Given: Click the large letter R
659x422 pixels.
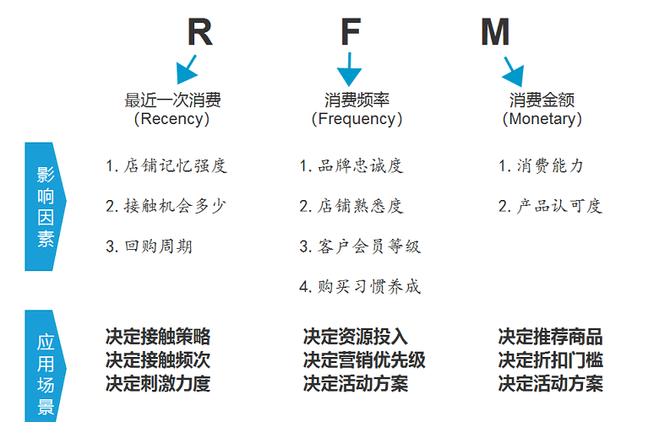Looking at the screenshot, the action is [200, 32].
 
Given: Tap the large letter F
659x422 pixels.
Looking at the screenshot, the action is [351, 31].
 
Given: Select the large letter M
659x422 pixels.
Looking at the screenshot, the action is [495, 32].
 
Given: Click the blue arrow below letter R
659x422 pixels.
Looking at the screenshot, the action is [186, 70].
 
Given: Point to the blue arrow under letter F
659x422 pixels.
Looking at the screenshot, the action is [349, 70].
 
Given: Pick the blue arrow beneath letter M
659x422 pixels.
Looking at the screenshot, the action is [513, 72].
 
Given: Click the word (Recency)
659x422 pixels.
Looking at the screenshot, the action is [172, 119].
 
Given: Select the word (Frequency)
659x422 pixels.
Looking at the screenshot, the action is [357, 119].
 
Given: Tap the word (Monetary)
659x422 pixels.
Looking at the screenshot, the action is [542, 119].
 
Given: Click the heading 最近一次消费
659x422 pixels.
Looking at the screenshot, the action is [172, 100].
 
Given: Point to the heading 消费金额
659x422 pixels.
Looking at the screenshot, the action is [542, 100].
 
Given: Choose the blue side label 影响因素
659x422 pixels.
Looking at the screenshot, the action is [46, 207].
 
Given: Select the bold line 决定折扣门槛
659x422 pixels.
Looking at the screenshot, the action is [551, 360].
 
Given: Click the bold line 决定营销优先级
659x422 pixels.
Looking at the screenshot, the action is [364, 360].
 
